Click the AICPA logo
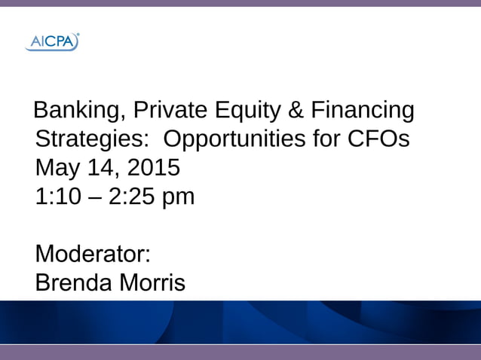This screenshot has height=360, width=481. pos(52,42)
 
